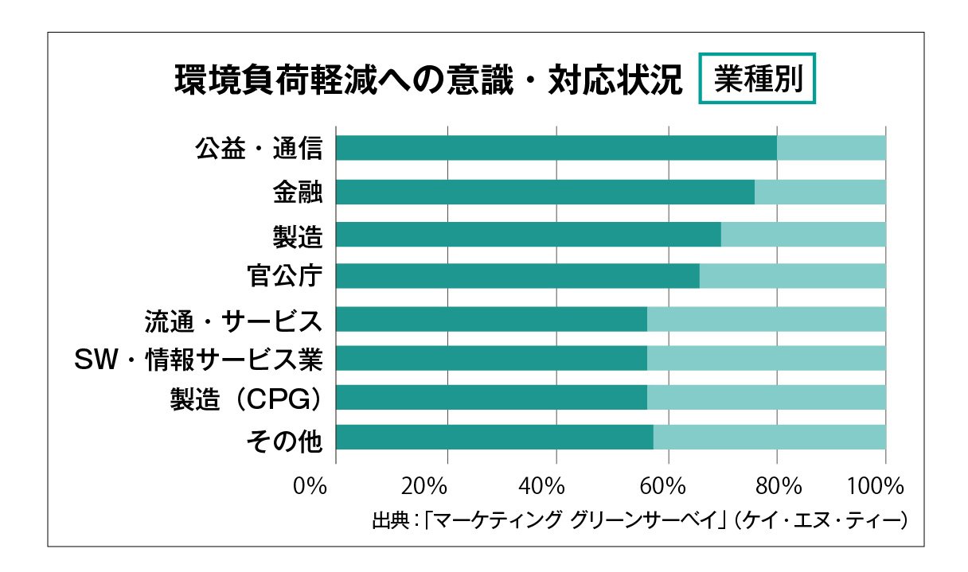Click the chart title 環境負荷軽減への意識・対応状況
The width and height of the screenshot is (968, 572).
pyautogui.click(x=428, y=80)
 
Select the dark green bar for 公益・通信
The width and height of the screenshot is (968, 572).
pyautogui.click(x=556, y=148)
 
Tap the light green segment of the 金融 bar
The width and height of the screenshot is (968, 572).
pyautogui.click(x=820, y=192)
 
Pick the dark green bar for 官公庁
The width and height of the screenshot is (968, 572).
pyautogui.click(x=517, y=276)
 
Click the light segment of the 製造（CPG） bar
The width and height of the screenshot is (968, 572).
pyautogui.click(x=766, y=397)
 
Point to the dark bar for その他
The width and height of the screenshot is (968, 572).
pyautogui.click(x=494, y=438)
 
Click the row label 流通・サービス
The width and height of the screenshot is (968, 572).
pyautogui.click(x=233, y=320)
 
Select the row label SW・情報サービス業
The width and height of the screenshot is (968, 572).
pyautogui.click(x=198, y=360)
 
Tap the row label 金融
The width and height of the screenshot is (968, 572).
pyautogui.click(x=297, y=193)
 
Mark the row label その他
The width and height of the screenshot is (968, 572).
pyautogui.click(x=285, y=438)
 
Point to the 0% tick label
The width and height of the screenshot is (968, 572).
pyautogui.click(x=310, y=486)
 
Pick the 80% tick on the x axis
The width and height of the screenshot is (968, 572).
pyautogui.click(x=778, y=486)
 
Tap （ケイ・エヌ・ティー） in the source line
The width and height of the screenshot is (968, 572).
pyautogui.click(x=822, y=521)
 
